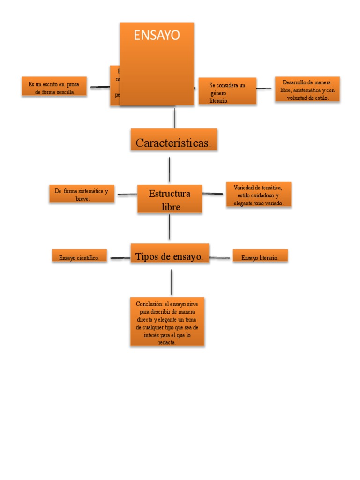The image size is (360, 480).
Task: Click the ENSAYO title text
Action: pyautogui.click(x=157, y=36)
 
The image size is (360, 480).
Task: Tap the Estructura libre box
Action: pyautogui.click(x=170, y=199)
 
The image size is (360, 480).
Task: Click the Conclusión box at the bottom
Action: pyautogui.click(x=167, y=322)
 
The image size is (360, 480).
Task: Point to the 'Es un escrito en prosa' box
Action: pyautogui.click(x=54, y=87)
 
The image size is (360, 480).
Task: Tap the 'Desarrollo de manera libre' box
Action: pyautogui.click(x=307, y=89)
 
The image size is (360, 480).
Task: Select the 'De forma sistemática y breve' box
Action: pyautogui.click(x=82, y=194)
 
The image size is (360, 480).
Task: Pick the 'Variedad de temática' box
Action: pyautogui.click(x=258, y=194)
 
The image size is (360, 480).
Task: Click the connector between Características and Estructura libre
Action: pyautogui.click(x=169, y=169)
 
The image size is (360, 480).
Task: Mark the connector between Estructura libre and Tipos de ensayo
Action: pyautogui.click(x=169, y=227)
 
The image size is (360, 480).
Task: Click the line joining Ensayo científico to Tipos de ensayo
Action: pyautogui.click(x=120, y=258)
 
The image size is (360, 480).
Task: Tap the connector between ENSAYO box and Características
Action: pyautogui.click(x=174, y=118)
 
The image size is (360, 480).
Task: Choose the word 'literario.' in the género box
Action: pyautogui.click(x=219, y=101)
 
